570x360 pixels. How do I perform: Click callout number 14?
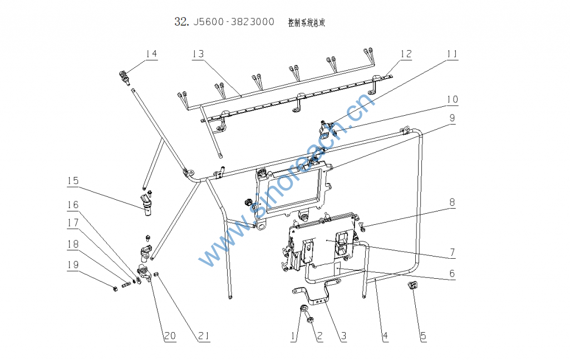tap(151, 53)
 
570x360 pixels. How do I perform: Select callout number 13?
tap(198, 53)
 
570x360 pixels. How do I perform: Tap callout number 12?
tap(406, 53)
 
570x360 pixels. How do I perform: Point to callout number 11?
tap(451, 53)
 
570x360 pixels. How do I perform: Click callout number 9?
tap(452, 117)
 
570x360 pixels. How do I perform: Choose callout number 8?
tap(452, 203)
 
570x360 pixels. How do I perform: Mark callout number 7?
tap(452, 253)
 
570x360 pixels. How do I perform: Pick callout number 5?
tap(423, 336)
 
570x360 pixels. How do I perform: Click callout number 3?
tap(343, 336)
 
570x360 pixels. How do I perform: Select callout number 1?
tap(292, 336)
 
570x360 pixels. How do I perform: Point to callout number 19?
tap(73, 265)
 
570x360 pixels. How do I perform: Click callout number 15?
tap(73, 181)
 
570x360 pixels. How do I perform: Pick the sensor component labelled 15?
tap(146, 204)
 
